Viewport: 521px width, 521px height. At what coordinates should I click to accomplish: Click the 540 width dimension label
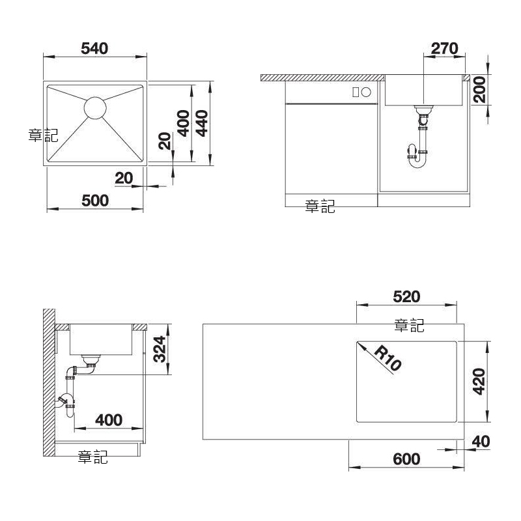[x=94, y=48]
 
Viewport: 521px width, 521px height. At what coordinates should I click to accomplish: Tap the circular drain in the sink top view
[x=95, y=107]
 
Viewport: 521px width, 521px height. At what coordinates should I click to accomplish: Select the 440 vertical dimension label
[x=202, y=124]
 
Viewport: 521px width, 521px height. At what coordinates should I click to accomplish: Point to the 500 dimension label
[x=95, y=201]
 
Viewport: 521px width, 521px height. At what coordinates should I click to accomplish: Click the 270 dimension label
[x=445, y=48]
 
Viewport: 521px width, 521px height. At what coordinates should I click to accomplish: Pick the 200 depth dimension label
[x=479, y=89]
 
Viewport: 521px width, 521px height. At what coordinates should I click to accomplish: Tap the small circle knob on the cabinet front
[x=366, y=92]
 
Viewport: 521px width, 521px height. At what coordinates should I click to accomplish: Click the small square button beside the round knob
[x=356, y=92]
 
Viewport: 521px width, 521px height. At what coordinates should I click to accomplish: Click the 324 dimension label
[x=160, y=349]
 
